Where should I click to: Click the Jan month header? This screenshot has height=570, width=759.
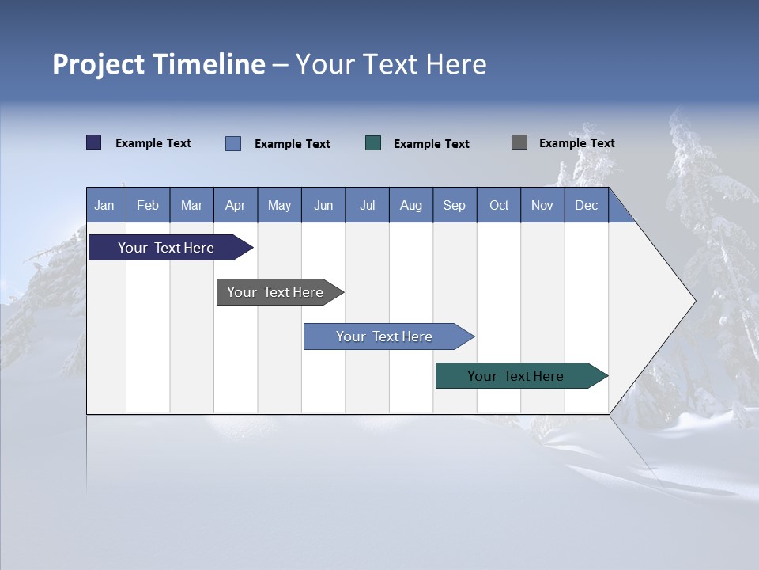pos(104,205)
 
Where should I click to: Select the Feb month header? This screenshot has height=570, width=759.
pos(148,205)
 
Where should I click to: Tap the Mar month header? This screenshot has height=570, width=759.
pos(191,205)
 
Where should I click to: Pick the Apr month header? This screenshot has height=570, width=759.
pos(235,205)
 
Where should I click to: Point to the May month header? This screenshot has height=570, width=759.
pos(279,205)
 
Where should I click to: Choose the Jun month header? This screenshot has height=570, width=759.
pos(323,205)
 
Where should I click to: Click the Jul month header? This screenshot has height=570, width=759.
pos(367,205)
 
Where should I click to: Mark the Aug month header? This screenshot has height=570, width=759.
pos(410,205)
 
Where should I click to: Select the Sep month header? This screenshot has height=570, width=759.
pos(454,205)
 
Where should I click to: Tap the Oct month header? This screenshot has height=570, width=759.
pos(499,205)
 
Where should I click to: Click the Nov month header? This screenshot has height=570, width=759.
pos(542,205)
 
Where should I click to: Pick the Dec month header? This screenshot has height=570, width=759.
pos(586,205)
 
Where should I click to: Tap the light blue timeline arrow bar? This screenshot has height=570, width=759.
pos(385,336)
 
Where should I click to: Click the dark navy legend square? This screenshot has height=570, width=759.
pos(94,142)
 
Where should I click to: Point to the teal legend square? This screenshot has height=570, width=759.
pos(373,143)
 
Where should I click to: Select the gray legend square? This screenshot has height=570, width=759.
pos(519,142)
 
